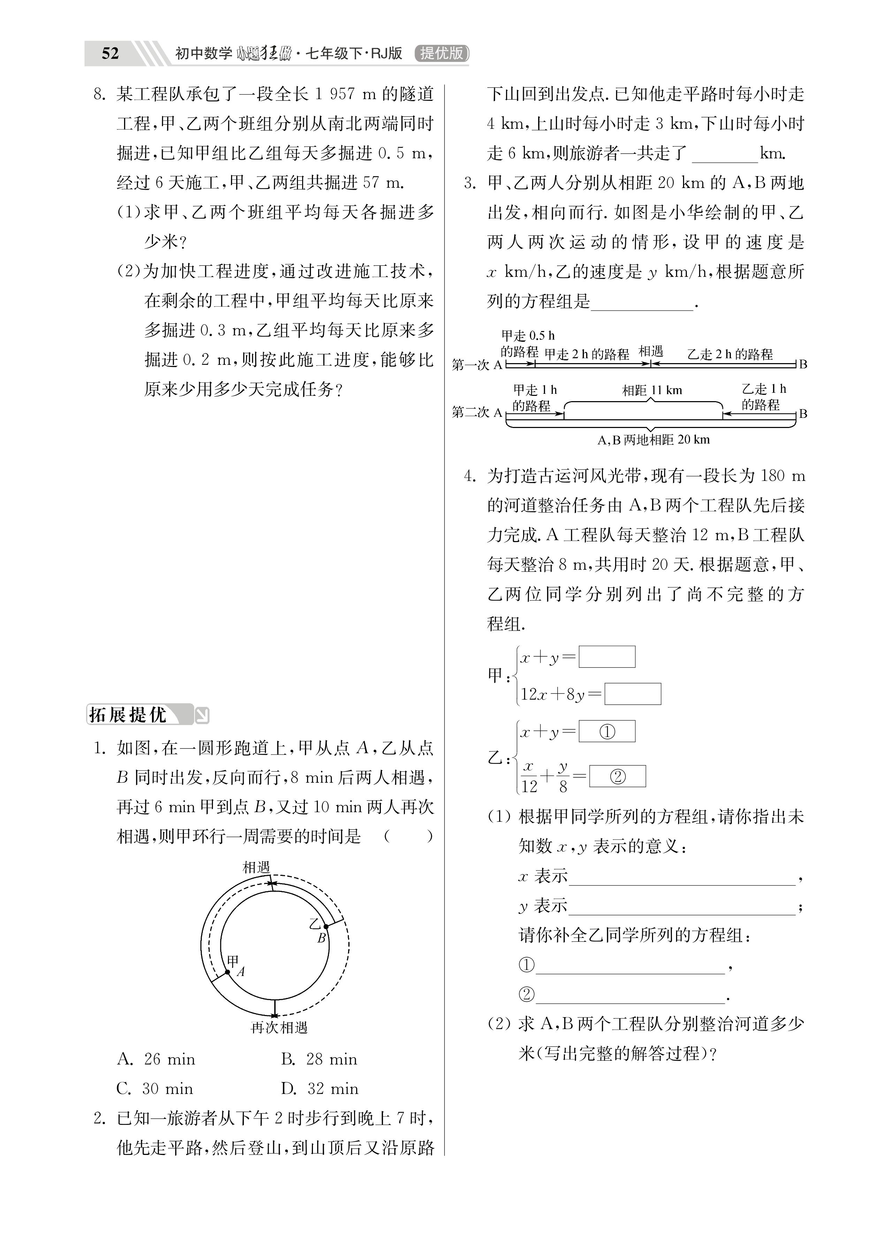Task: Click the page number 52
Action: click(110, 53)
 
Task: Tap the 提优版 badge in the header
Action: click(442, 53)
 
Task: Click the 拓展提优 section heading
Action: click(128, 715)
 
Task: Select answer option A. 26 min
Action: click(156, 1059)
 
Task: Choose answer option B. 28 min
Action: click(319, 1059)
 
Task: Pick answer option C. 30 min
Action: click(155, 1089)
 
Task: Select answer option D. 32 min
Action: click(320, 1089)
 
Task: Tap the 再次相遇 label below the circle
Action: click(279, 1028)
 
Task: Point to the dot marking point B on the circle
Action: click(325, 926)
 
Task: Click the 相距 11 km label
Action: click(652, 390)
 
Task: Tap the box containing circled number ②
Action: click(618, 776)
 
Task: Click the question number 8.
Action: click(99, 94)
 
